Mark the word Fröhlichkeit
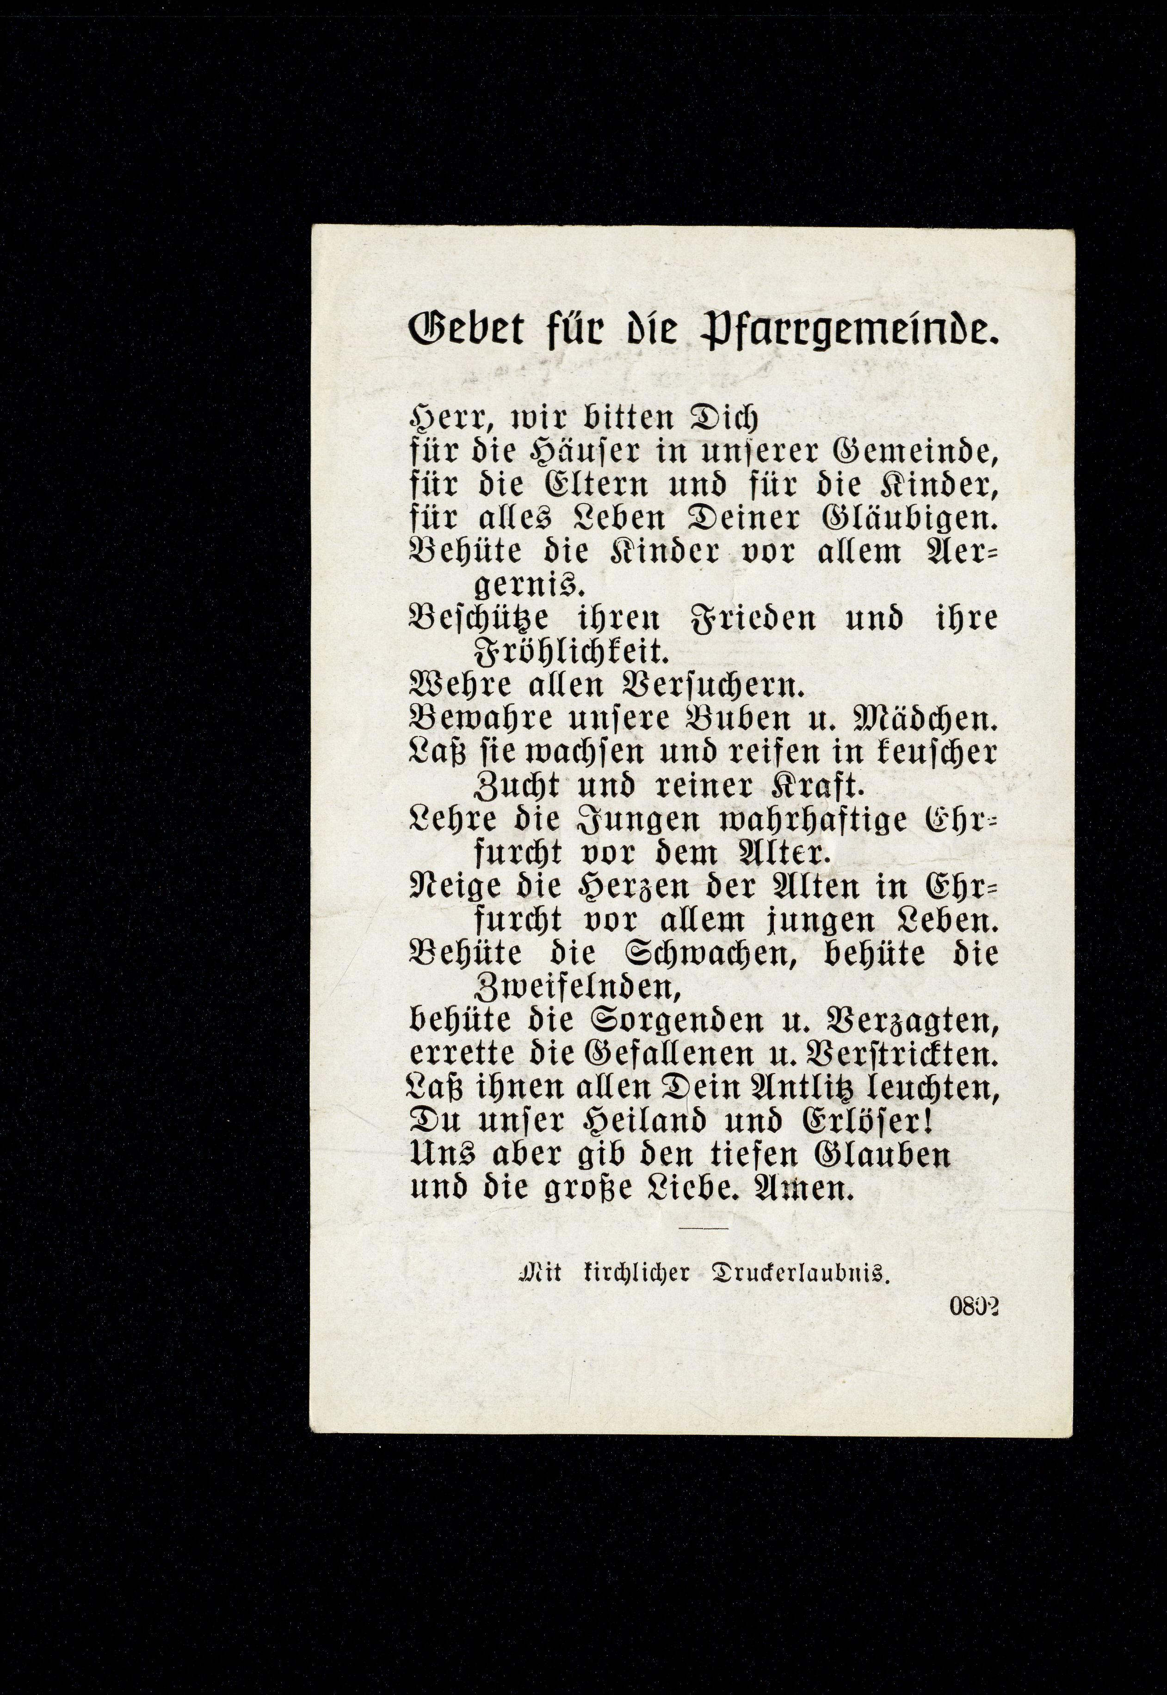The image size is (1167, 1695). pos(569,649)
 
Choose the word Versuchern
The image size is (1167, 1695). pos(712,685)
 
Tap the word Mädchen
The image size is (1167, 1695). pos(926,719)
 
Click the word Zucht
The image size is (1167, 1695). pos(517,786)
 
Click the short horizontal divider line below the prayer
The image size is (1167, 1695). pos(704,1228)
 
